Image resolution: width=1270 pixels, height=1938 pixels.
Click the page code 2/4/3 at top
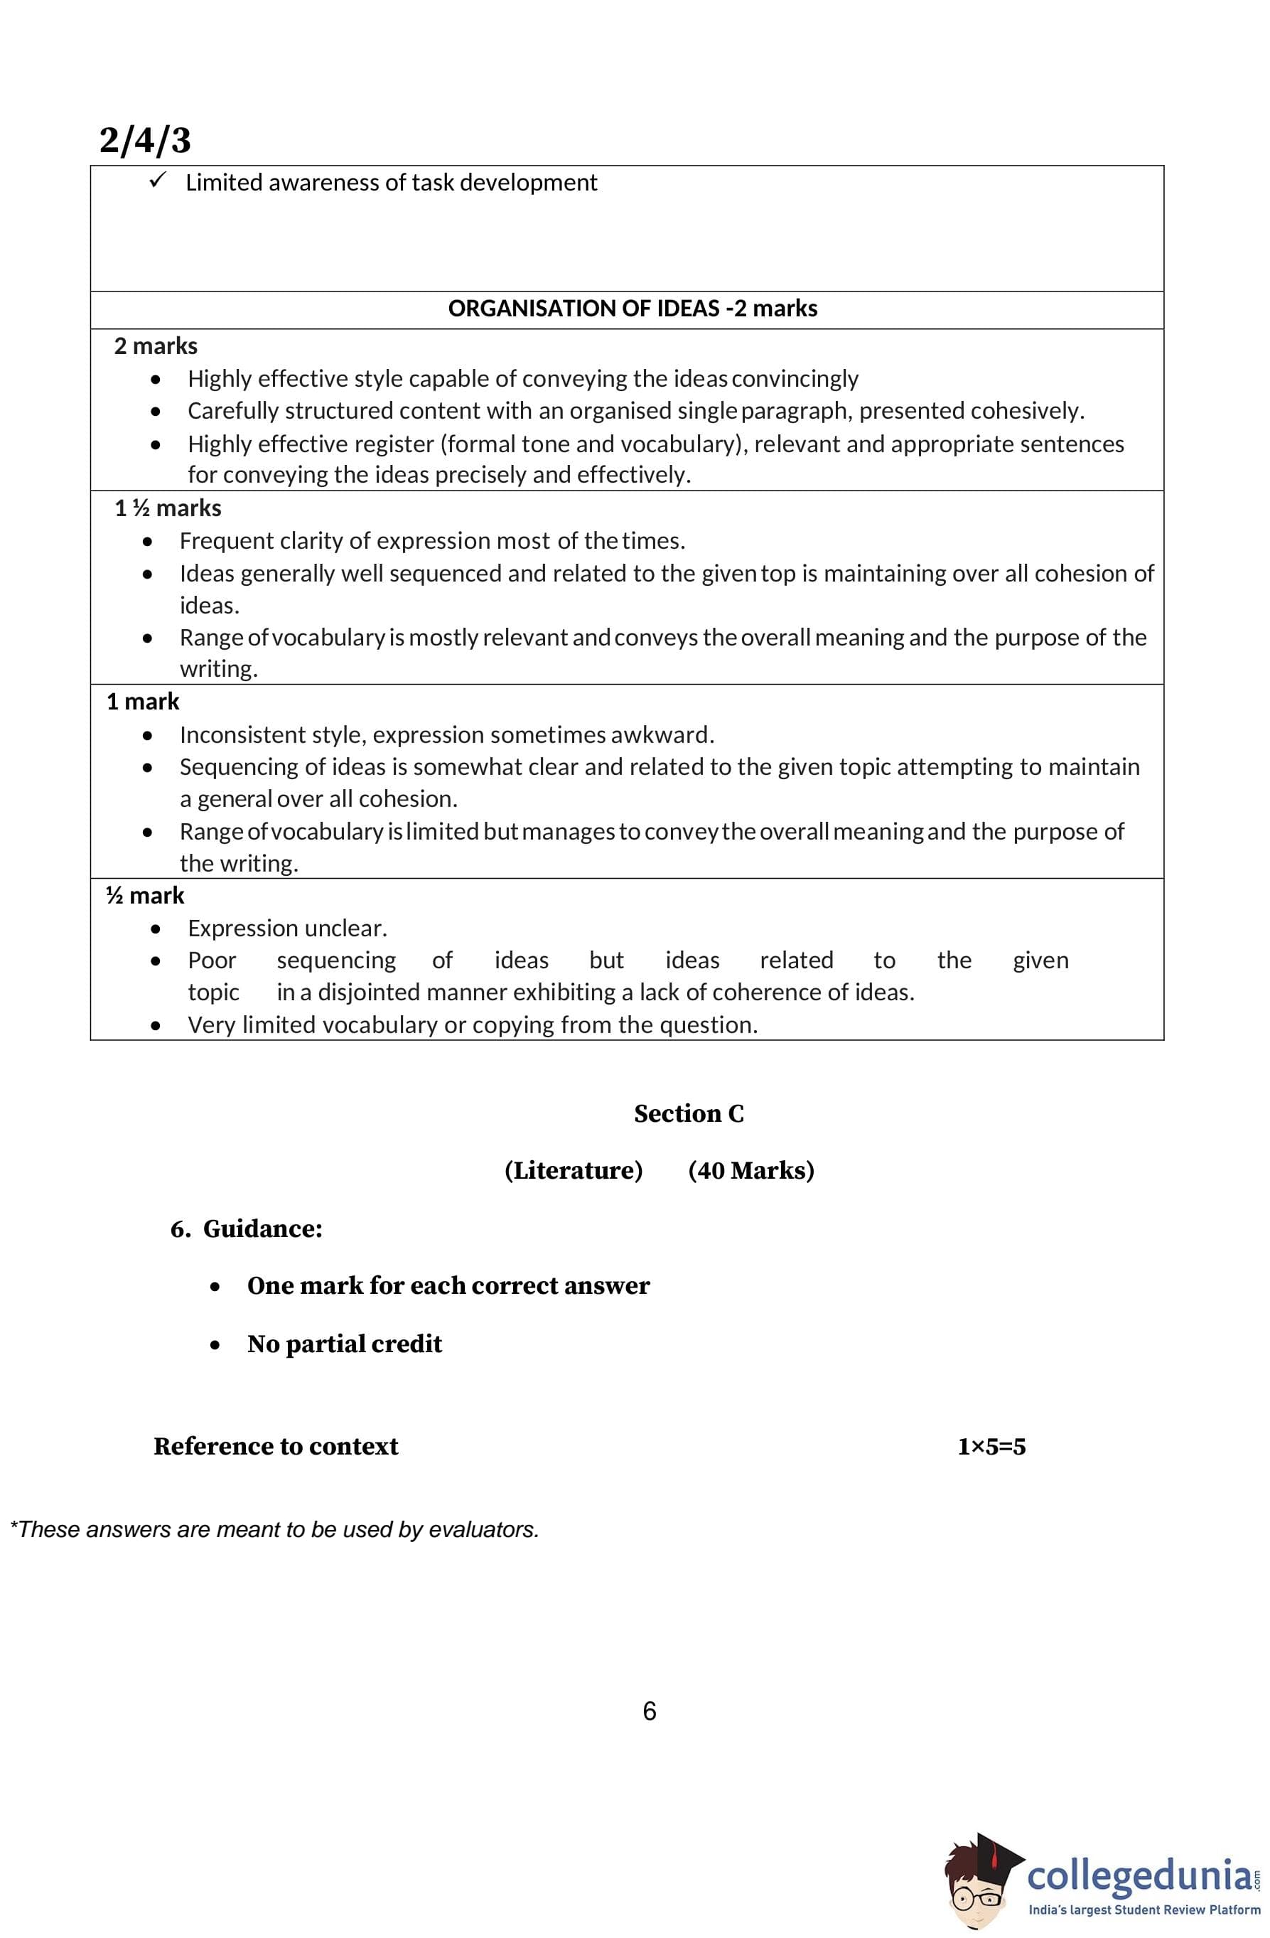(145, 140)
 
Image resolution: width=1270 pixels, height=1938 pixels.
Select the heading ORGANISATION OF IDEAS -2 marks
(632, 309)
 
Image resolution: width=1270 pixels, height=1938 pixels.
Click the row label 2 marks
(156, 346)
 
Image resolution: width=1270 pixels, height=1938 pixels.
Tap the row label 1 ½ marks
(168, 508)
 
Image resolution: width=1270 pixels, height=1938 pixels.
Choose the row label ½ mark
(145, 896)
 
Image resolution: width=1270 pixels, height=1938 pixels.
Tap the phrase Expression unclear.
(287, 928)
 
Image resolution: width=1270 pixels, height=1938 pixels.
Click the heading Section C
(689, 1113)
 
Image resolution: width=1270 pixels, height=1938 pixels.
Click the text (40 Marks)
(750, 1170)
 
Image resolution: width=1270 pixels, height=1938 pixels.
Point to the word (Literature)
(573, 1170)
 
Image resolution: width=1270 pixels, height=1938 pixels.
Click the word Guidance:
(262, 1228)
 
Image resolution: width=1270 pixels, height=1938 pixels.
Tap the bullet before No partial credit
(215, 1345)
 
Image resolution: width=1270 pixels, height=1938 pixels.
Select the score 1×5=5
(991, 1447)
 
